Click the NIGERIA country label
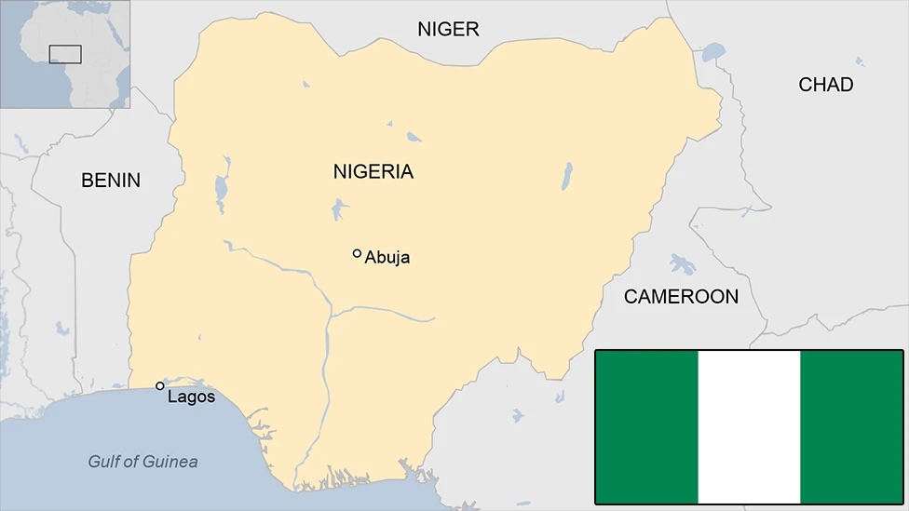pyautogui.click(x=373, y=172)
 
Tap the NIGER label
pyautogui.click(x=448, y=29)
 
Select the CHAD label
pyautogui.click(x=825, y=85)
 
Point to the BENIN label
pyautogui.click(x=111, y=181)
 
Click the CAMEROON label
pyautogui.click(x=681, y=297)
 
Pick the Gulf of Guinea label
pyautogui.click(x=142, y=462)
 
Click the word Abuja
pyautogui.click(x=387, y=258)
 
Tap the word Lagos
pyautogui.click(x=191, y=397)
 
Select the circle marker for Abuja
pyautogui.click(x=357, y=253)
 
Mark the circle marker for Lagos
pyautogui.click(x=160, y=385)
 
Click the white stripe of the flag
pyautogui.click(x=749, y=426)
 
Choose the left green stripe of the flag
pyautogui.click(x=646, y=426)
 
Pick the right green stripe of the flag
pyautogui.click(x=851, y=426)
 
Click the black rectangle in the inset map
pyautogui.click(x=65, y=54)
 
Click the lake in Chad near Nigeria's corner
pyautogui.click(x=712, y=50)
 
